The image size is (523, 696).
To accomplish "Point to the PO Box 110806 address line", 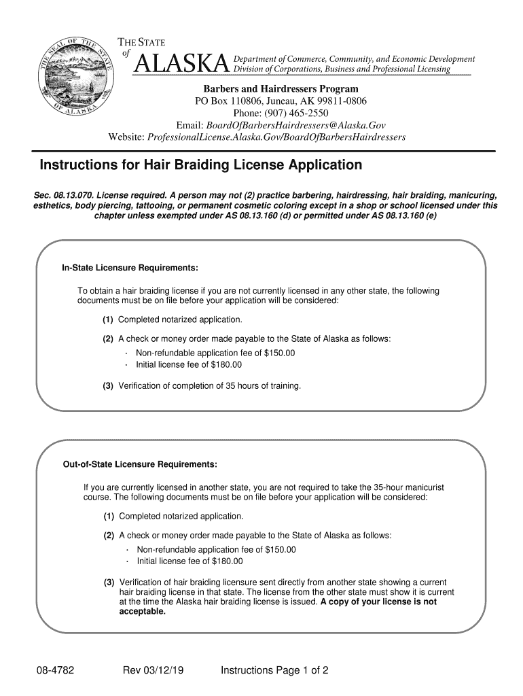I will coord(281,101).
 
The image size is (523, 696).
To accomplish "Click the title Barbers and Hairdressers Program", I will coord(281,89).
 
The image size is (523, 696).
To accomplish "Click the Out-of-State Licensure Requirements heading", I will coord(140,464).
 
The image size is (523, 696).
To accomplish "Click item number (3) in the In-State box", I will coord(108,386).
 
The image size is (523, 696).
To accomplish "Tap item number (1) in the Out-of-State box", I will coord(109,516).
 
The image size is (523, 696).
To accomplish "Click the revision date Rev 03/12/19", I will coord(153,672).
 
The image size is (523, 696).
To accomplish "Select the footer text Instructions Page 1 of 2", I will coord(274,672).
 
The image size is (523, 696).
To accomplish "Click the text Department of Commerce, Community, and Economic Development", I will coord(354,59).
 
